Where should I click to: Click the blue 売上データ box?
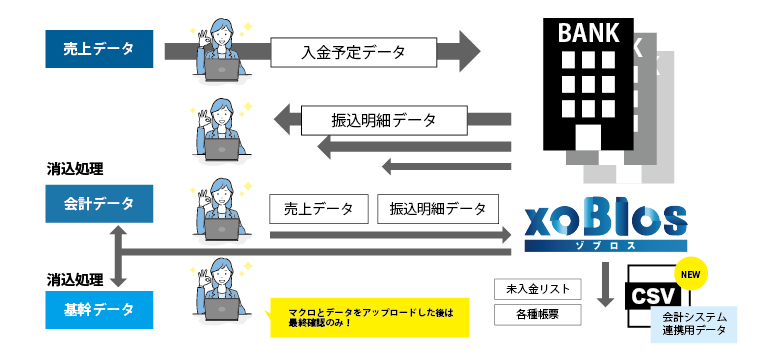click(99, 49)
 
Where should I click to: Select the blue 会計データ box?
click(99, 203)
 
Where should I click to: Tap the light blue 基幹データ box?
click(99, 308)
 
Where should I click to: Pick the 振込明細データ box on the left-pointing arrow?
click(384, 120)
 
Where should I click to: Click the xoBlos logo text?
click(605, 220)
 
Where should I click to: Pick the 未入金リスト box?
click(537, 289)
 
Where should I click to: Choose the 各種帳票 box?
click(537, 314)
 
